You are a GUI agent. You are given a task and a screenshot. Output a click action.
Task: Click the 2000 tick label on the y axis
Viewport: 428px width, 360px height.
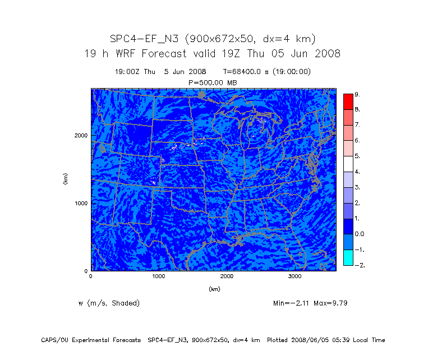[80, 135]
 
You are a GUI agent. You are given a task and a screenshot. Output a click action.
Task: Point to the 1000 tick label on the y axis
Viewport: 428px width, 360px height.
[80, 203]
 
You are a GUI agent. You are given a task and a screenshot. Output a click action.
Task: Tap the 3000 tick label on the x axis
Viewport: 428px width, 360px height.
[295, 276]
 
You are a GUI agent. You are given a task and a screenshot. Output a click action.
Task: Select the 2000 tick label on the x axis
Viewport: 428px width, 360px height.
[227, 276]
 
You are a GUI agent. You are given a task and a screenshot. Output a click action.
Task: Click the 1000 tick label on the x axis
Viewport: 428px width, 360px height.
[159, 276]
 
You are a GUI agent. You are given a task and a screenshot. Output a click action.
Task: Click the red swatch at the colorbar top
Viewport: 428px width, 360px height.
[348, 101]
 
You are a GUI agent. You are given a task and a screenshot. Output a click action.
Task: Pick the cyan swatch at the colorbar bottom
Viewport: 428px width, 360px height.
[348, 257]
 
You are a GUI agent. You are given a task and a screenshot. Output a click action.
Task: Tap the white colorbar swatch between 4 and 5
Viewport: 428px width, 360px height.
[348, 164]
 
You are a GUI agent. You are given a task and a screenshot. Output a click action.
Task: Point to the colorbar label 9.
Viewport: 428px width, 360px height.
[357, 94]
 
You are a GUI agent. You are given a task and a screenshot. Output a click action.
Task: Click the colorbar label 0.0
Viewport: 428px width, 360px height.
[359, 234]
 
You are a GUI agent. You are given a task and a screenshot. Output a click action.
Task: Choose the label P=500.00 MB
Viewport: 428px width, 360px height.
[213, 82]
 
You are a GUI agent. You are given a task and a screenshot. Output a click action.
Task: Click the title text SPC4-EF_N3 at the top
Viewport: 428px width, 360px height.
[144, 39]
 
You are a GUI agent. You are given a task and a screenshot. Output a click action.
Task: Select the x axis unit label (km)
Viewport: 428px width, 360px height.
[214, 289]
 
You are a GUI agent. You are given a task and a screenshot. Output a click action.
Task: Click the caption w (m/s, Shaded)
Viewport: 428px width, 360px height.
[109, 303]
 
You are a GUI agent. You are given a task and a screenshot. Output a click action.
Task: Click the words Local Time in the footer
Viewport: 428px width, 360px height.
[368, 340]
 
